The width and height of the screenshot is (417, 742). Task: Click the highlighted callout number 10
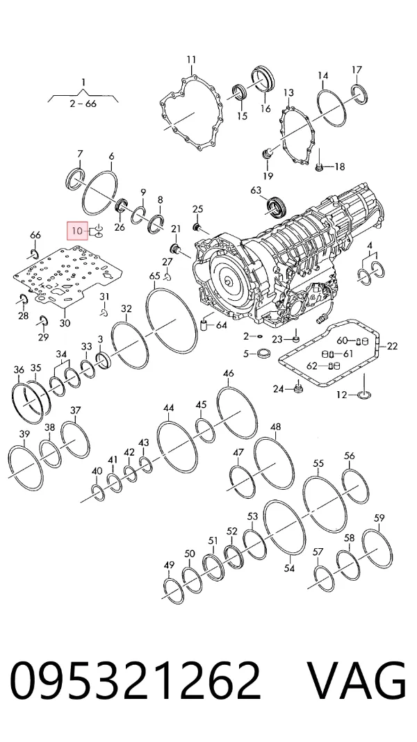76,231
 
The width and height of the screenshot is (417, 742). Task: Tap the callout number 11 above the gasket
190,60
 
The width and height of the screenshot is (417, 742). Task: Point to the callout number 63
256,190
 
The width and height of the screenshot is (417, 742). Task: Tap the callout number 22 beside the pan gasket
393,346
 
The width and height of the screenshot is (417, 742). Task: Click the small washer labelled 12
363,395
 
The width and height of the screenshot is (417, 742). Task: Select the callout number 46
228,373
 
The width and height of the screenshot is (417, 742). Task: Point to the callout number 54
289,568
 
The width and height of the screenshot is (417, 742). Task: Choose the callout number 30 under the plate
65,323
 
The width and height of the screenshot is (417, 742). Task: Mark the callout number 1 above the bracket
83,82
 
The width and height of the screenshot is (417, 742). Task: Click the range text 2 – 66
83,103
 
